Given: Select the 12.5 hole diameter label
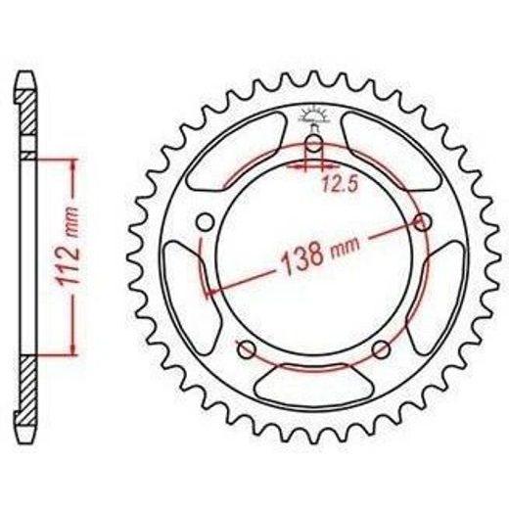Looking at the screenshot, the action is point(341,183).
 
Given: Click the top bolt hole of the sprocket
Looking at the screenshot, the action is point(314,144).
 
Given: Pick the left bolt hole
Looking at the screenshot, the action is point(206,222).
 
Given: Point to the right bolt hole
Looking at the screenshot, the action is point(422,222).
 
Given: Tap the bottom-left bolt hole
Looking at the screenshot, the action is point(247,349).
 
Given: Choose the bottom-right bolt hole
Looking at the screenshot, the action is point(381,349).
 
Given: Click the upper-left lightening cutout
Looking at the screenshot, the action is point(237,151).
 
